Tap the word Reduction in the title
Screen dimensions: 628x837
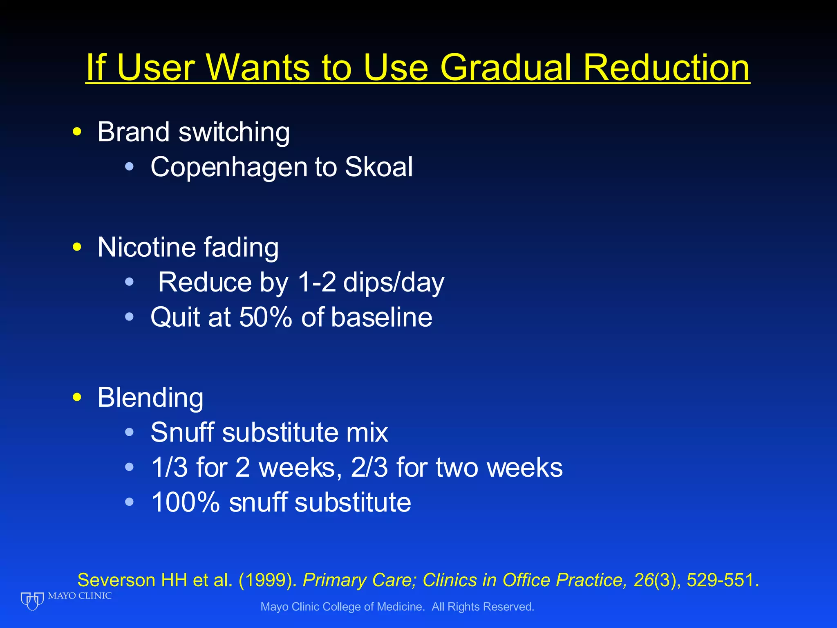point(666,67)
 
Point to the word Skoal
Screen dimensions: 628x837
point(379,167)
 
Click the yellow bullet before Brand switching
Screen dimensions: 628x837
point(77,132)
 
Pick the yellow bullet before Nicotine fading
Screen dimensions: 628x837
point(77,247)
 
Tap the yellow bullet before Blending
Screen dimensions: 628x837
point(77,397)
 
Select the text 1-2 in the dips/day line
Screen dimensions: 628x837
point(317,282)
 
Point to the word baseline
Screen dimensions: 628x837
point(382,317)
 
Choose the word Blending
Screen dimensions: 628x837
point(150,398)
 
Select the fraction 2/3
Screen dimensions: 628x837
point(369,467)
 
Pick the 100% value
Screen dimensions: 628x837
point(185,502)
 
